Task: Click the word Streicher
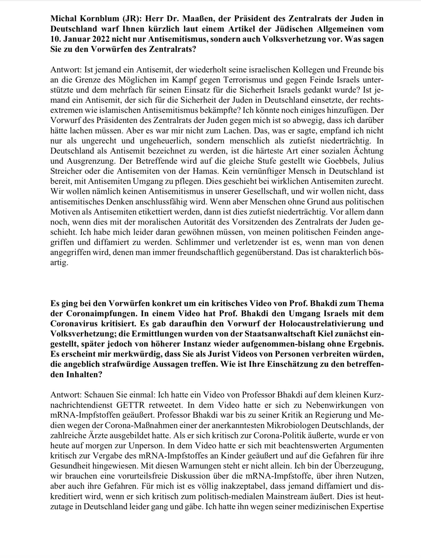click(66, 171)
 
